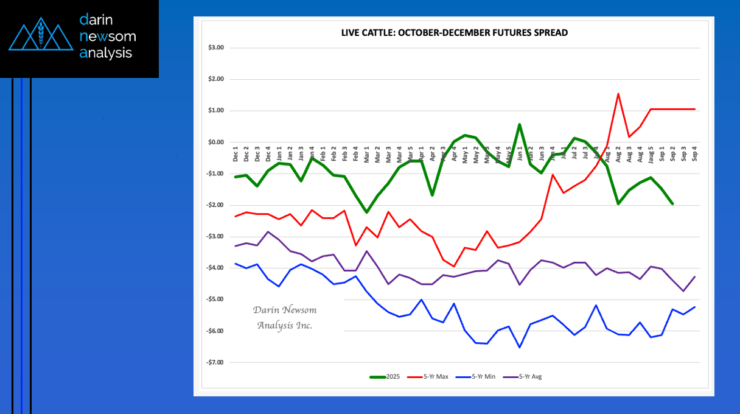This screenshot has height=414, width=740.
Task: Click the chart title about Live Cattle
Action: click(454, 32)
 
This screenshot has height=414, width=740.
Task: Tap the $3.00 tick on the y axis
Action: click(216, 47)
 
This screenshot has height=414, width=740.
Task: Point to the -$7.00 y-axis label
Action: click(215, 363)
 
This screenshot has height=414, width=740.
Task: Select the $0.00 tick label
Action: click(216, 142)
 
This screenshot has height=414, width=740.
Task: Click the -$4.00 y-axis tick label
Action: click(215, 268)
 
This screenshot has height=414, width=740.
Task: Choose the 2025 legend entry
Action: click(385, 377)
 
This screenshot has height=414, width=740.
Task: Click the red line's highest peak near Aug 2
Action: click(618, 94)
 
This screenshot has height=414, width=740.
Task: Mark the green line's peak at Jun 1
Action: click(519, 124)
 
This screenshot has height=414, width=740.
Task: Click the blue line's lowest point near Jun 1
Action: click(519, 347)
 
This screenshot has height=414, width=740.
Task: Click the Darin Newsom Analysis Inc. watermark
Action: click(285, 318)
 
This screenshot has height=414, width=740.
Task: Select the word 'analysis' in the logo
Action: click(106, 53)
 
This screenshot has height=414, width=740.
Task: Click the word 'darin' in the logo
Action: click(96, 20)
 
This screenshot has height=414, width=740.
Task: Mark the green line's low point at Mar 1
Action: click(366, 212)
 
